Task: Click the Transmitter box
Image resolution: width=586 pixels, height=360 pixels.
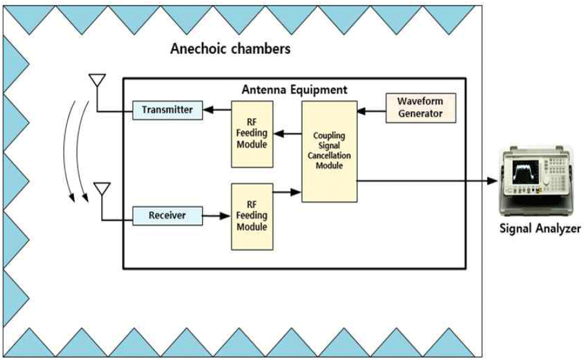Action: (167, 111)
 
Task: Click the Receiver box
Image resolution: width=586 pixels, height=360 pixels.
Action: (168, 216)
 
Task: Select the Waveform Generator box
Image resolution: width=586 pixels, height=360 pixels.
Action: (420, 107)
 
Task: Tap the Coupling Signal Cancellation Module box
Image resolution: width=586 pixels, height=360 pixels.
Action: (329, 151)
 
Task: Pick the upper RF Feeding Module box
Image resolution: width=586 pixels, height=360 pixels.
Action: (252, 134)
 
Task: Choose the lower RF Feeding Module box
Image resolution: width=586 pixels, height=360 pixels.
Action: (252, 216)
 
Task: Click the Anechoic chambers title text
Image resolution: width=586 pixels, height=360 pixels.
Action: (230, 49)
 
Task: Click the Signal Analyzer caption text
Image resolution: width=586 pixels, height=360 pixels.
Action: (540, 229)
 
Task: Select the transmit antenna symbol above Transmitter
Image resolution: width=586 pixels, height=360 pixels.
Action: (97, 82)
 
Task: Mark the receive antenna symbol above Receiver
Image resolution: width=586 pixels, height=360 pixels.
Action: (101, 189)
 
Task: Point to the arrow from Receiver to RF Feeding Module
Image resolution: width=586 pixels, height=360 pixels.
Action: (216, 216)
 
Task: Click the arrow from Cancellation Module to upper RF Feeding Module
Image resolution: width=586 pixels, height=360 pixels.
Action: (288, 133)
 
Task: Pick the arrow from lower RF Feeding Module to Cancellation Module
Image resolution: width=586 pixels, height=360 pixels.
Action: (288, 192)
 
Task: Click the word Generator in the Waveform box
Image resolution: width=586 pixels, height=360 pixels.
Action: (420, 113)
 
